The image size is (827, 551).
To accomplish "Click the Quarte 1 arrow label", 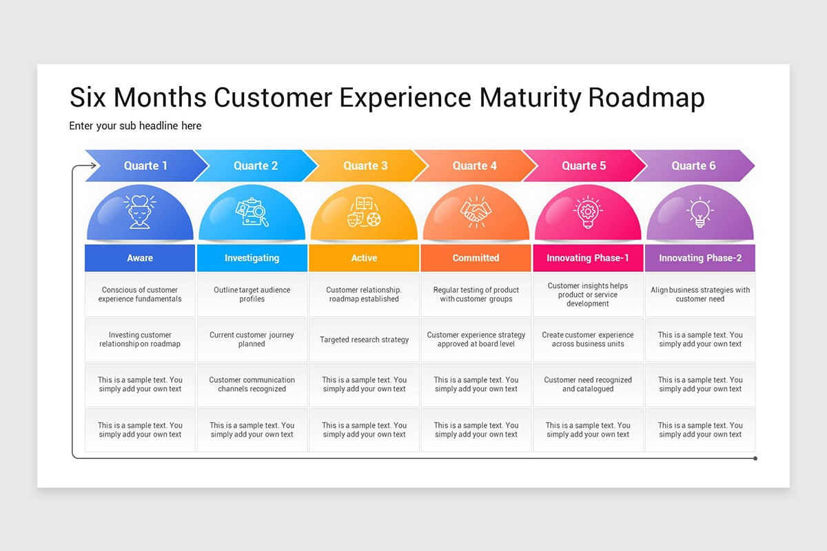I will tap(145, 166).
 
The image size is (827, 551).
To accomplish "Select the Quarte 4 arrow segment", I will tap(475, 166).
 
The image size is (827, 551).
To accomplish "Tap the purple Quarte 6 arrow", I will tap(693, 166).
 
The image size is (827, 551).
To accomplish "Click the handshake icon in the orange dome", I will tap(476, 211).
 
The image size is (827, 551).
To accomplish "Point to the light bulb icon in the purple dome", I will tap(700, 211).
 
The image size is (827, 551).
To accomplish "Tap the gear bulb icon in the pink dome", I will tap(588, 211).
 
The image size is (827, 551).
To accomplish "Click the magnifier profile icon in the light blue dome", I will tap(252, 212).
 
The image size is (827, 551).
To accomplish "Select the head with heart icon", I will tap(140, 211).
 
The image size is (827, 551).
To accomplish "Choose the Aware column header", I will tap(140, 258).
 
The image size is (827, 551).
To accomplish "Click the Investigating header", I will tap(252, 258).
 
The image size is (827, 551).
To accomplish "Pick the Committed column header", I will tap(476, 258).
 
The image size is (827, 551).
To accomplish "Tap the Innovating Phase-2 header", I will tap(700, 258).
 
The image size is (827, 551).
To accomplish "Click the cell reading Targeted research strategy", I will tap(364, 340).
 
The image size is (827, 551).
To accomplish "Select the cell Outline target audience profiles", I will tap(252, 295).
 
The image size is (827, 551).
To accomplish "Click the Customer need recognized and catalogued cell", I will tap(588, 384).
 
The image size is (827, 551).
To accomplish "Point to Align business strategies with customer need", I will tap(700, 295).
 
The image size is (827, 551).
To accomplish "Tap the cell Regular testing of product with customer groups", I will tap(476, 295).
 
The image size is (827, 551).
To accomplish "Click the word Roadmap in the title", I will tap(646, 98).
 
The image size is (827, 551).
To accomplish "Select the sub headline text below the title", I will tap(135, 126).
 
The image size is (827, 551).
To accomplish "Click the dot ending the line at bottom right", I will tap(755, 458).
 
